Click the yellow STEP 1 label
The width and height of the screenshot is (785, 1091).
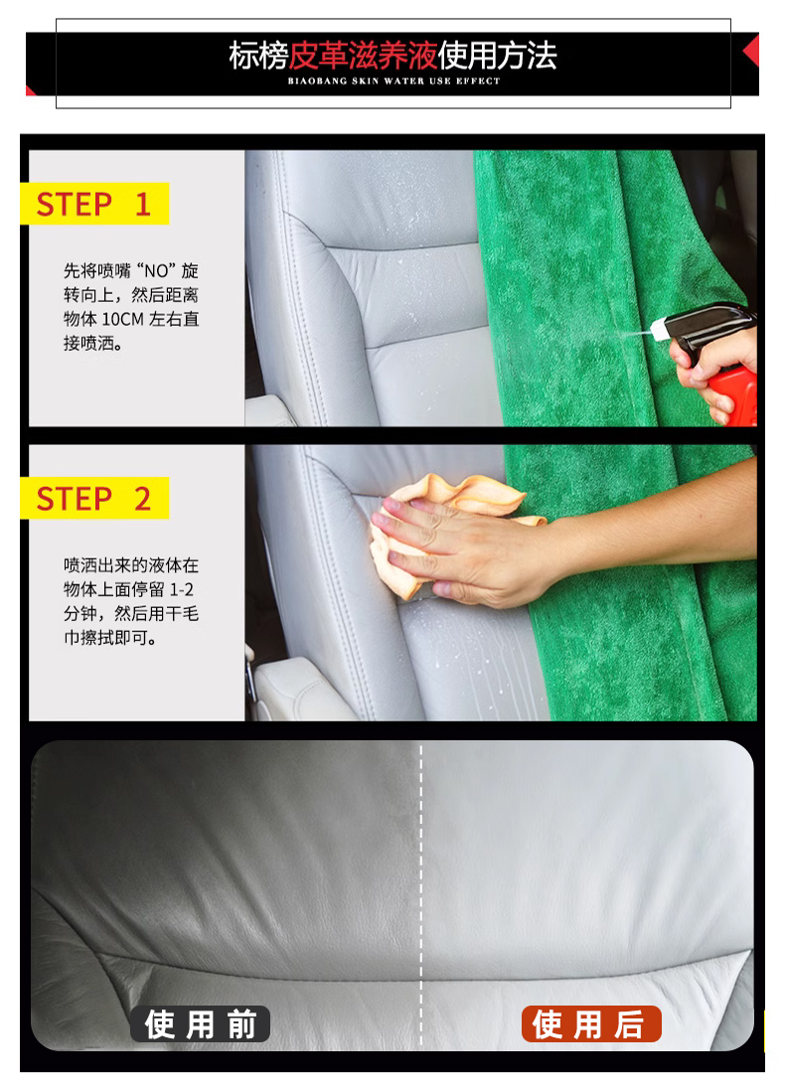pyautogui.click(x=94, y=203)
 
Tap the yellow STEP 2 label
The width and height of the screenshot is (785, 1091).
pyautogui.click(x=94, y=498)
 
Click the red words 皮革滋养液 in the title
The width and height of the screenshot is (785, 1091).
pyautogui.click(x=363, y=56)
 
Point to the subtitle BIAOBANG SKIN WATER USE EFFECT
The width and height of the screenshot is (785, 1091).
pyautogui.click(x=393, y=81)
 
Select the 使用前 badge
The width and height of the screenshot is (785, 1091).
pyautogui.click(x=201, y=1023)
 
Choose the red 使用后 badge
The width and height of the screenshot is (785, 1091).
pyautogui.click(x=591, y=1023)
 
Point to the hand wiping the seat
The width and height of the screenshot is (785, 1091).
pyautogui.click(x=452, y=549)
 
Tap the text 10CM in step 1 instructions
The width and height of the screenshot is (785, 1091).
pyautogui.click(x=122, y=319)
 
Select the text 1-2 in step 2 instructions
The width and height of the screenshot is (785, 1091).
pyautogui.click(x=182, y=590)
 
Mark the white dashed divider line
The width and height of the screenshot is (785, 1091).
pyautogui.click(x=421, y=895)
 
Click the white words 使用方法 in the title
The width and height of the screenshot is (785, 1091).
pyautogui.click(x=498, y=56)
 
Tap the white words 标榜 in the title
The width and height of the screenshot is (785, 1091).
pyautogui.click(x=258, y=56)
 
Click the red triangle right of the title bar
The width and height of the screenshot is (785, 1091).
pyautogui.click(x=751, y=51)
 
